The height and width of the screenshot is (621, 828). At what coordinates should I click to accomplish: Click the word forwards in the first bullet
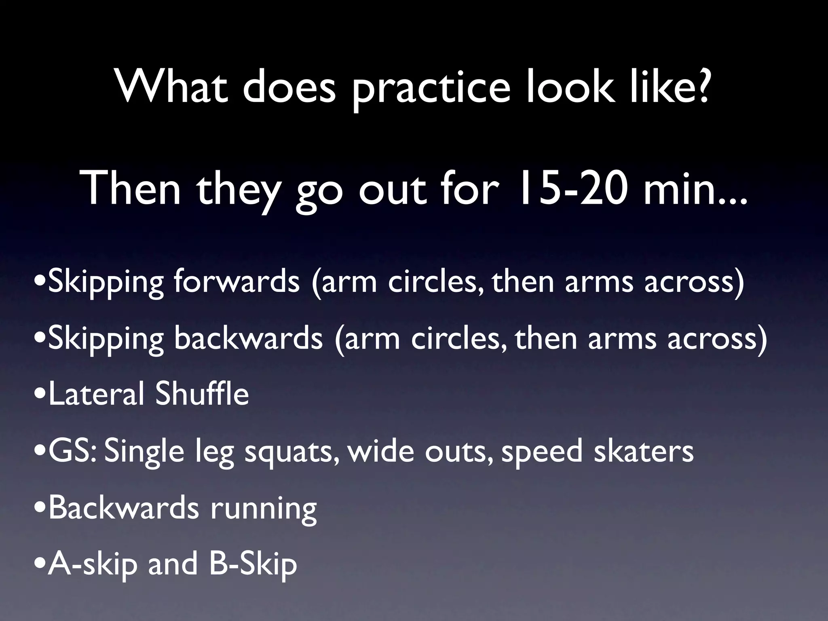tap(237, 282)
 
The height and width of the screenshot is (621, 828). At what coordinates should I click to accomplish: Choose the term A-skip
tap(93, 565)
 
